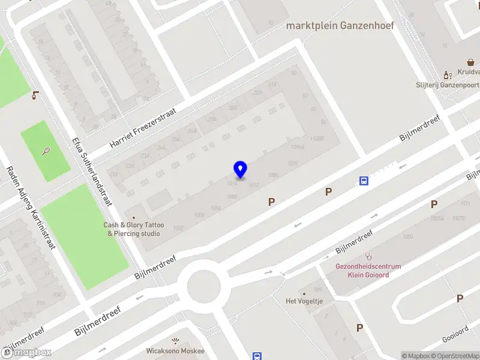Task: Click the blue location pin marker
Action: [x=240, y=170]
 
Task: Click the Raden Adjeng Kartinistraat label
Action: [x=31, y=207]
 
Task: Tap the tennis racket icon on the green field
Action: [x=46, y=151]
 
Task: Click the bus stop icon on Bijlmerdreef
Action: [x=364, y=181]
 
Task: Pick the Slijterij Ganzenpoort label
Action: [x=448, y=85]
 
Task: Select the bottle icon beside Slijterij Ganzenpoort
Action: [x=446, y=75]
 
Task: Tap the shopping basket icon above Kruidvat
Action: [x=472, y=61]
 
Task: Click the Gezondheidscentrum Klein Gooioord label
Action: [x=368, y=271]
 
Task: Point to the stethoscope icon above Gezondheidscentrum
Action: [x=368, y=256]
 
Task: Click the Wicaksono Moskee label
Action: [x=175, y=351]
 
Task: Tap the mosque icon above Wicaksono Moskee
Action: [x=175, y=340]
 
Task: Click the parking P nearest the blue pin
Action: [x=272, y=203]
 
